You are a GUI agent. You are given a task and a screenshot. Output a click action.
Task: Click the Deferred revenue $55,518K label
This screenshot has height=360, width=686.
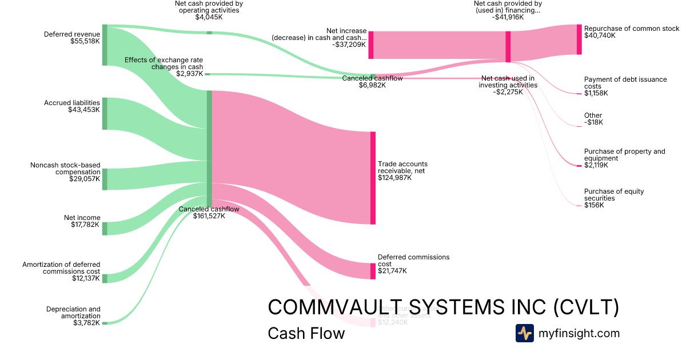point(72,38)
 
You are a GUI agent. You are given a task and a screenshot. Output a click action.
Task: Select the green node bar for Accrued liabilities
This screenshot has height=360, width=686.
point(105,114)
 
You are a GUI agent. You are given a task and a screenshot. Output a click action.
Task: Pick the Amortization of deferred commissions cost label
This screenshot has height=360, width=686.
point(61,271)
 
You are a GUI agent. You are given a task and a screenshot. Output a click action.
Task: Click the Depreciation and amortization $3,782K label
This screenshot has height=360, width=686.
point(73,315)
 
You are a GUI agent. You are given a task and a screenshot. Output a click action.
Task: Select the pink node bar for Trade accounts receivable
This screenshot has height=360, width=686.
point(373,178)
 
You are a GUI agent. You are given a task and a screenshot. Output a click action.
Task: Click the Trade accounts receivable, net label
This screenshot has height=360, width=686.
point(402,171)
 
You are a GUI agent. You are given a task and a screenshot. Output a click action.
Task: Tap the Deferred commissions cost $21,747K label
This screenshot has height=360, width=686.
point(413,263)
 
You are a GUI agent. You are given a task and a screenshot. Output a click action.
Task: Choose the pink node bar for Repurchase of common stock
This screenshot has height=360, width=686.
point(579,39)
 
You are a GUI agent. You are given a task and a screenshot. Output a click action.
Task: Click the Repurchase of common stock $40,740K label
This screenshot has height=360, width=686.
point(631,32)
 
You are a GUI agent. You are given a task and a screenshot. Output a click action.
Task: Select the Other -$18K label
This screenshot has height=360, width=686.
point(593,119)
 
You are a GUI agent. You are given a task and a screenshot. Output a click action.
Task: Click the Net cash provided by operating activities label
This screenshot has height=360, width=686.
point(209,10)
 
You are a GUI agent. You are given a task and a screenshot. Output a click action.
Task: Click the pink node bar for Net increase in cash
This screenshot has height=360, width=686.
point(370,45)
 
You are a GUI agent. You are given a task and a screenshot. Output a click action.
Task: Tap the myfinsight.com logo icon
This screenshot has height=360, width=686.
point(524,333)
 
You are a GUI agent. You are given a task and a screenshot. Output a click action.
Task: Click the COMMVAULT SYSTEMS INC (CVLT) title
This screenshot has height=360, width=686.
point(443,307)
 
